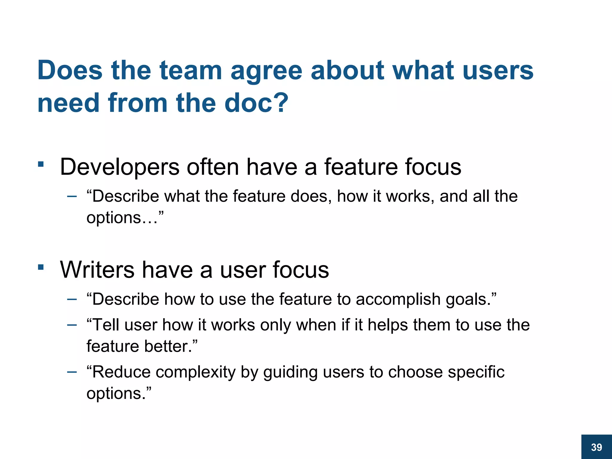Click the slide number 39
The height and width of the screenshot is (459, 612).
click(596, 447)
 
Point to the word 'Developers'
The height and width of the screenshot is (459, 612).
click(120, 167)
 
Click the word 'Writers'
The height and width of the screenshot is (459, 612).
click(97, 270)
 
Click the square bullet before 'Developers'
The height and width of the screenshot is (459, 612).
click(41, 164)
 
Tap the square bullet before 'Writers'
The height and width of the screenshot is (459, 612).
click(41, 267)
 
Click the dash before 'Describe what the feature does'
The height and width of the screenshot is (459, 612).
click(72, 197)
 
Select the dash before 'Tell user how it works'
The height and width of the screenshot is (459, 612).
click(72, 325)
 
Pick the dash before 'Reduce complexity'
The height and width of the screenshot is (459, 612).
click(72, 372)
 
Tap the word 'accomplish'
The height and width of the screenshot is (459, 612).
click(398, 300)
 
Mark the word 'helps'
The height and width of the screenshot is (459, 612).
click(388, 325)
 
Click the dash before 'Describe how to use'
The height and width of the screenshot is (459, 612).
click(72, 299)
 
